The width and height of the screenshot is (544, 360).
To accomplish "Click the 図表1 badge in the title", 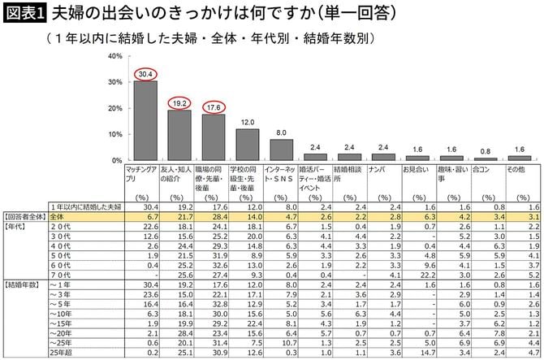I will tap(25, 15).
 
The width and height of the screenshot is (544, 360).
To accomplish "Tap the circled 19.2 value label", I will tap(179, 104).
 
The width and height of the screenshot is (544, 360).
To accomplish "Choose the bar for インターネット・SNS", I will tap(281, 150).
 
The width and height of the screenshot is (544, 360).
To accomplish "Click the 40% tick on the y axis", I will tap(114, 56).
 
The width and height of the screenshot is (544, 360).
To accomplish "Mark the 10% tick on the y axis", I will tap(114, 134).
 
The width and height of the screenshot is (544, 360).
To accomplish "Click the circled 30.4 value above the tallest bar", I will tap(145, 75).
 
